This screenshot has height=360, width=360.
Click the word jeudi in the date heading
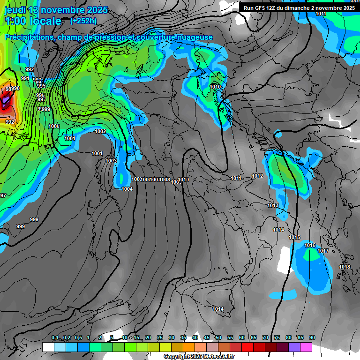[x=15, y=10]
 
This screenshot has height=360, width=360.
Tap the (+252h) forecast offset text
[x=83, y=21]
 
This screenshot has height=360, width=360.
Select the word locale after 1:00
[x=45, y=21]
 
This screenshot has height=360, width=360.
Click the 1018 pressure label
[x=345, y=267]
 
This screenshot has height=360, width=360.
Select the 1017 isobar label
[x=323, y=251]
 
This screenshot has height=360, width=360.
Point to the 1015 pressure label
[x=294, y=238]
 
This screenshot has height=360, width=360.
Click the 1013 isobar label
[x=273, y=205]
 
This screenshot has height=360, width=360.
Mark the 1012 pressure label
[x=257, y=176]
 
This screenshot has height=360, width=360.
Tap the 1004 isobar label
[x=127, y=189]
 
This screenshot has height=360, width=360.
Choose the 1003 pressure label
[x=111, y=161]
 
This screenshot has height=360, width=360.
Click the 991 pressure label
[x=25, y=78]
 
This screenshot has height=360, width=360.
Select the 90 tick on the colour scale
[x=312, y=337]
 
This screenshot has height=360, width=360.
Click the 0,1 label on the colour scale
[x=54, y=337]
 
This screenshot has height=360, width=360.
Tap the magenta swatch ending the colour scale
[x=306, y=347]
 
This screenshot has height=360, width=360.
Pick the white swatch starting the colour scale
[x=48, y=347]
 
